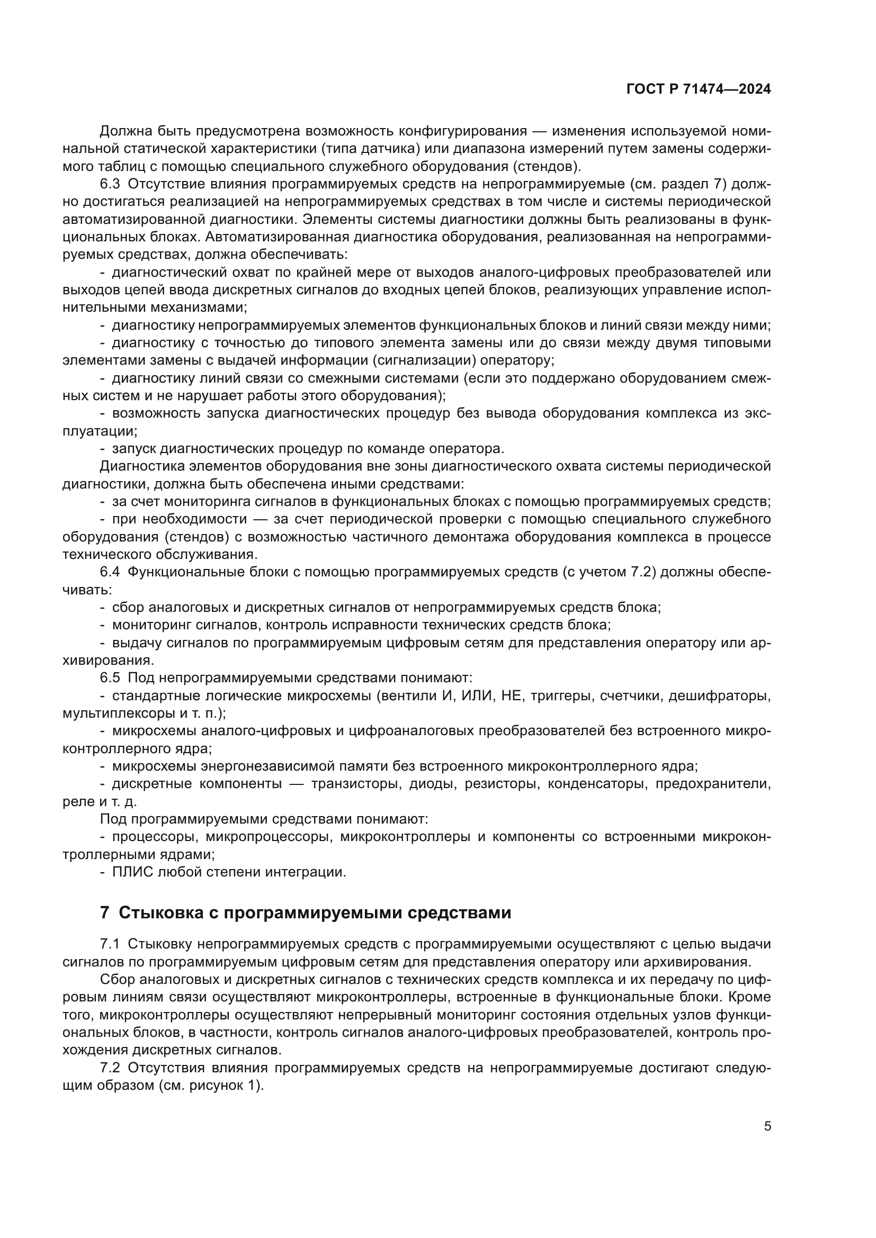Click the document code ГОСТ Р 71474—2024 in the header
click(699, 89)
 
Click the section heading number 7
click(105, 913)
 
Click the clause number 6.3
click(110, 184)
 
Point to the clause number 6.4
click(110, 572)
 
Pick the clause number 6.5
click(110, 678)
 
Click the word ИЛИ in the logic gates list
click(476, 695)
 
